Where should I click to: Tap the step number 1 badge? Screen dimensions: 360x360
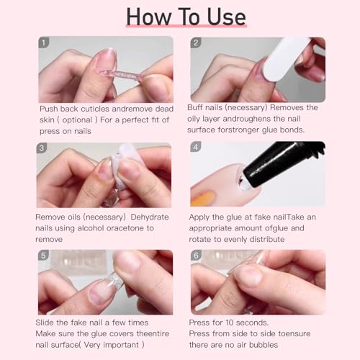click(44, 43)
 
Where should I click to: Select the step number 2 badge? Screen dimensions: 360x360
click(196, 43)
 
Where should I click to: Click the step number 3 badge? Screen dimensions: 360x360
click(44, 149)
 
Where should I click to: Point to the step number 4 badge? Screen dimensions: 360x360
click(196, 149)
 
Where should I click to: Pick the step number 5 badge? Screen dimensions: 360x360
click(44, 256)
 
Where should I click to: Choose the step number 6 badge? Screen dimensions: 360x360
click(196, 256)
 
